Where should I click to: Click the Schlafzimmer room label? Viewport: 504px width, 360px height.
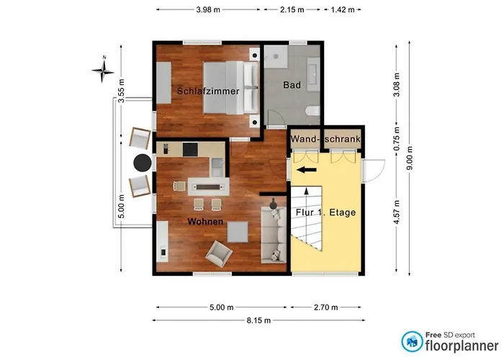[208, 91]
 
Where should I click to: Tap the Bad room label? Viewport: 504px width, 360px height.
[292, 85]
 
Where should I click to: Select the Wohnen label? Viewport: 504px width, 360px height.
[205, 222]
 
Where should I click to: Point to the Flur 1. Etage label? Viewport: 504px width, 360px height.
[325, 212]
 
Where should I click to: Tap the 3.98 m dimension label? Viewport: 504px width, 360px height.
[208, 9]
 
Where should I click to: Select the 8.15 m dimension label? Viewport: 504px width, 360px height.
[258, 320]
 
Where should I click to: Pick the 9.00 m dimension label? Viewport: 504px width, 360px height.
[409, 158]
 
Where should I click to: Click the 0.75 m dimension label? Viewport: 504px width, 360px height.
[397, 138]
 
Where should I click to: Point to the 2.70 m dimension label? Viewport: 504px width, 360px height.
[325, 307]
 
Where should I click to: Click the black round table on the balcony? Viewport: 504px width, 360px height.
[143, 163]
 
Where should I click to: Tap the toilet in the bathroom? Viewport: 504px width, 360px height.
[312, 111]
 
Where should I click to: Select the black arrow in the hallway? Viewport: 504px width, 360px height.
[306, 170]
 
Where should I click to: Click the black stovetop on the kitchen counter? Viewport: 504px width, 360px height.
[190, 150]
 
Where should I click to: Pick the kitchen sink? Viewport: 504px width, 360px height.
[217, 166]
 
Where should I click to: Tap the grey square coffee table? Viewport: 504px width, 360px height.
[238, 232]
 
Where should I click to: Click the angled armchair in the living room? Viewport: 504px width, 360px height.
[219, 254]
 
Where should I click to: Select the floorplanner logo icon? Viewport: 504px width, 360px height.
[412, 341]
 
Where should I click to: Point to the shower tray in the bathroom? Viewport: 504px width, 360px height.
[276, 57]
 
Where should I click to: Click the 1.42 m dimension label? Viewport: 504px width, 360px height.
[343, 9]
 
